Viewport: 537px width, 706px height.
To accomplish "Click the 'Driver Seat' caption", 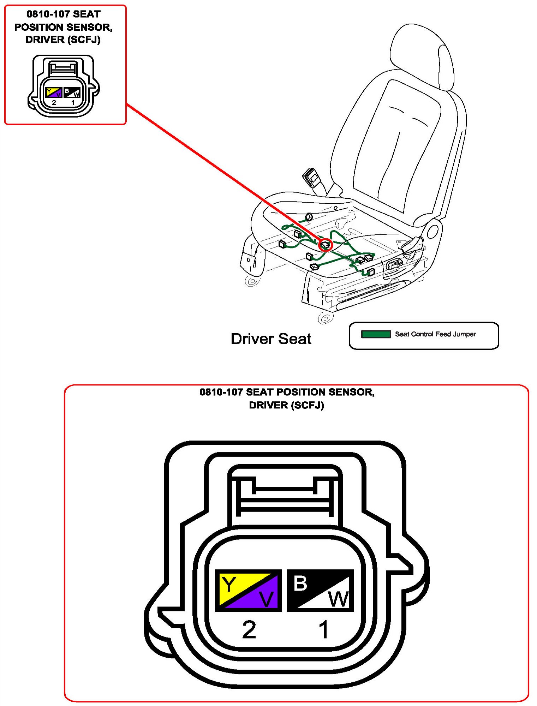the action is [271, 339].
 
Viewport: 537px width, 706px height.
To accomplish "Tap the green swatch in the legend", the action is [376, 334].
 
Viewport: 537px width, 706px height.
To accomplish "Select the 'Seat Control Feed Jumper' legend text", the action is [435, 334].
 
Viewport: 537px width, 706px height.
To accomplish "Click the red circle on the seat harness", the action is [326, 244].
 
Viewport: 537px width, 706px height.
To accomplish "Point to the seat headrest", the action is [422, 56].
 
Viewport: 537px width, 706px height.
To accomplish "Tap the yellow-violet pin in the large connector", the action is [249, 591].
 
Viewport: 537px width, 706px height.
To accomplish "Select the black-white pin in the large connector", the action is [320, 591].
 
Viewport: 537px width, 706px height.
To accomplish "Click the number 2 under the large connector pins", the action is [249, 629].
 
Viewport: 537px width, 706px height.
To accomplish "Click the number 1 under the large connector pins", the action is [323, 629].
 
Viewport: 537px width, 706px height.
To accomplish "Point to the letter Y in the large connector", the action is [229, 584].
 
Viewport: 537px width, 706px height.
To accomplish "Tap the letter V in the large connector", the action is [266, 599].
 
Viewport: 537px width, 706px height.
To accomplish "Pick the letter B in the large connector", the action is [300, 583].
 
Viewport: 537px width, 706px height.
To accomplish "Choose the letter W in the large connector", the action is [339, 599].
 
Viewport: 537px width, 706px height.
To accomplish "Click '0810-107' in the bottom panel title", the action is [221, 392].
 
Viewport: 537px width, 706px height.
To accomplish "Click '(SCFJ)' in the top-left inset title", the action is [86, 40].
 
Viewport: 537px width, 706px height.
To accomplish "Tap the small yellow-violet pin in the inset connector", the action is [54, 92].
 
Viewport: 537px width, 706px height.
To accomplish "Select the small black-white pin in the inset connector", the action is [72, 92].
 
